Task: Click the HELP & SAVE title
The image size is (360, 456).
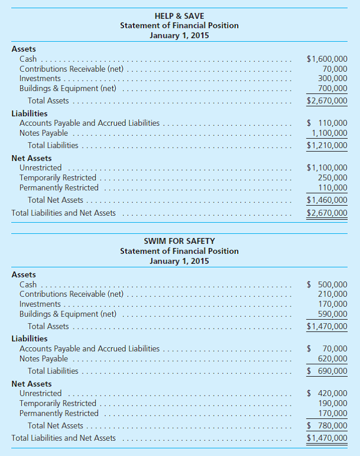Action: click(x=179, y=15)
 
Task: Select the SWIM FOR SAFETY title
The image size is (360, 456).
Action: click(x=179, y=241)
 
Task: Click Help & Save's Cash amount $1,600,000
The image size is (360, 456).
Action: click(x=327, y=59)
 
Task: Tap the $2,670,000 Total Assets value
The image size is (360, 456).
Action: click(x=327, y=100)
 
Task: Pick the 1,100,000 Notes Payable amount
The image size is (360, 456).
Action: click(x=329, y=133)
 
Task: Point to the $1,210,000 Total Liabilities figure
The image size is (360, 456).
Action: click(x=327, y=145)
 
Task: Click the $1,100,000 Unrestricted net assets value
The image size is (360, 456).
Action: click(x=327, y=168)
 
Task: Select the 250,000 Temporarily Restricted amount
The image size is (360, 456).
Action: click(x=332, y=178)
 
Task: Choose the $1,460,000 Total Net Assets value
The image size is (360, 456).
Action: click(x=327, y=200)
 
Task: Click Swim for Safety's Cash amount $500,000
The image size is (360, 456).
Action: click(x=329, y=284)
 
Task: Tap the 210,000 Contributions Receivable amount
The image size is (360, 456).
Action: click(x=332, y=294)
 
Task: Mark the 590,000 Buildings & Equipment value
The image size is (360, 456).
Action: click(x=332, y=314)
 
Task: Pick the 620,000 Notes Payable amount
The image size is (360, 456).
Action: click(x=332, y=358)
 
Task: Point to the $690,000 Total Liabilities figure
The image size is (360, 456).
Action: click(x=329, y=371)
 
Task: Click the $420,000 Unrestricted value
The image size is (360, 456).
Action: click(x=329, y=393)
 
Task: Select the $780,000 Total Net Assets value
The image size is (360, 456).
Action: click(x=329, y=426)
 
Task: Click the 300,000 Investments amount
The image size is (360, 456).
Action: click(x=332, y=78)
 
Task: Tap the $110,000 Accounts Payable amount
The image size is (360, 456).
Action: click(x=329, y=123)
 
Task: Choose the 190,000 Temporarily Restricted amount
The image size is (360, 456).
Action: click(x=332, y=404)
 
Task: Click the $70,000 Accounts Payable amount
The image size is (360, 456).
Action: click(x=331, y=348)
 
